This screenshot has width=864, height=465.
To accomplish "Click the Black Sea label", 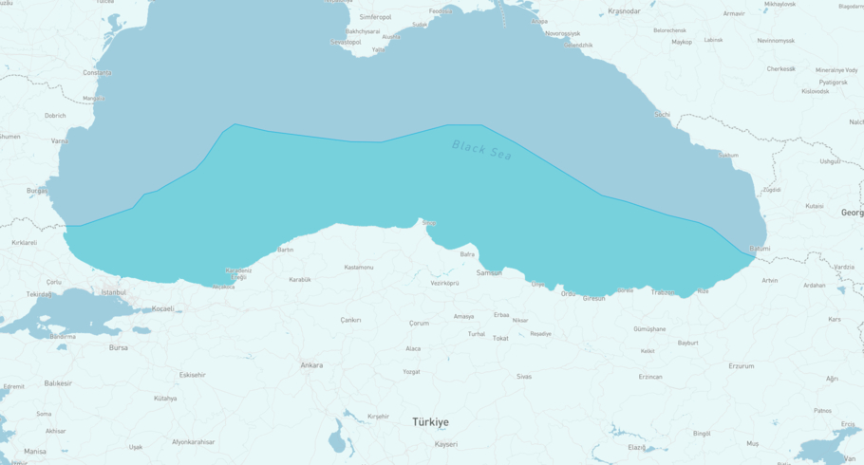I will click(x=481, y=149).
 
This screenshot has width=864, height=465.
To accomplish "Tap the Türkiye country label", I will click(x=430, y=421).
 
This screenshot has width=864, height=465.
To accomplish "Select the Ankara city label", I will click(x=311, y=365).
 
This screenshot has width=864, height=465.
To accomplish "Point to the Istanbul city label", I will click(x=114, y=292).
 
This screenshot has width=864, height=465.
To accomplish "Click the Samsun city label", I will click(x=489, y=272).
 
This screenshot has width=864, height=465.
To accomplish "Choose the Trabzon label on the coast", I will click(x=663, y=292).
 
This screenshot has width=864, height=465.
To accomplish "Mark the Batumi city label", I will click(x=761, y=249).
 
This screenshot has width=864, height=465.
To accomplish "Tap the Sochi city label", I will click(x=662, y=115).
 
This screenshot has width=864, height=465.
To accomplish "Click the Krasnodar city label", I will click(x=624, y=11).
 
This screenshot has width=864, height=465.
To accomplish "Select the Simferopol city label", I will click(x=375, y=17).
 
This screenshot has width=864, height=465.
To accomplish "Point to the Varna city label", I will click(x=60, y=140).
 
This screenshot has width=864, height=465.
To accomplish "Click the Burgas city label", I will click(x=37, y=190).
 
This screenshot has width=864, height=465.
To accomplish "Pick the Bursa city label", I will click(x=119, y=347).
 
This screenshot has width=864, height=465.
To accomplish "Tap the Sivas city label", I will click(x=524, y=377).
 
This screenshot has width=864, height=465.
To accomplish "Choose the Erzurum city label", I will click(x=741, y=365).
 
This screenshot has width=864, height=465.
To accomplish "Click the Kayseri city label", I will click(x=445, y=444).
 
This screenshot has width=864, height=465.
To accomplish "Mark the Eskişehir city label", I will click(x=192, y=375).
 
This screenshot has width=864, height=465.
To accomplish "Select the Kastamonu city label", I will click(x=359, y=267).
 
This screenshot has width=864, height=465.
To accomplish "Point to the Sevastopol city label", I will click(x=346, y=42).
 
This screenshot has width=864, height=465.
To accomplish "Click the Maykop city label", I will click(x=682, y=42).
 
